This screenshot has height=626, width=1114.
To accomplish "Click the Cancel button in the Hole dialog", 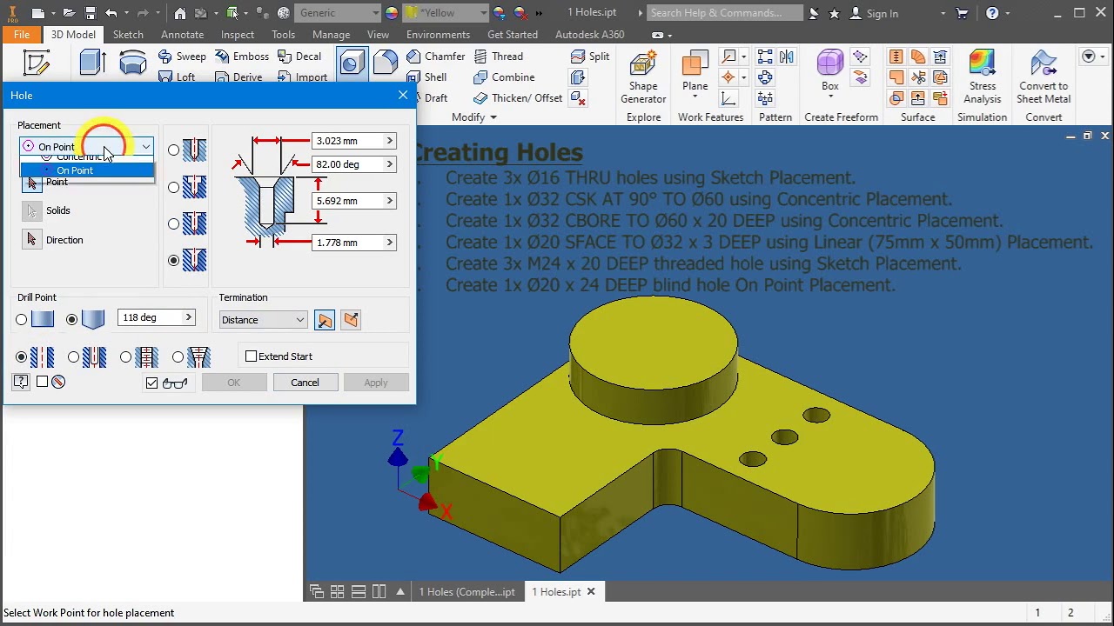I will pyautogui.click(x=305, y=383).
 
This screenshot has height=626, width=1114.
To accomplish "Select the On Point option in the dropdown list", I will pyautogui.click(x=75, y=170).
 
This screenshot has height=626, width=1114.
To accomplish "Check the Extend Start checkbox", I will pyautogui.click(x=252, y=356).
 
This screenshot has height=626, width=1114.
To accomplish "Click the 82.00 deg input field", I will pyautogui.click(x=347, y=164).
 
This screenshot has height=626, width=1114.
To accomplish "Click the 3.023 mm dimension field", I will pyautogui.click(x=347, y=141).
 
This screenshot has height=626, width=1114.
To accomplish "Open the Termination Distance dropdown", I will pyautogui.click(x=263, y=320).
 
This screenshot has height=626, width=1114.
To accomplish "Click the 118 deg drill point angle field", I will pyautogui.click(x=150, y=318).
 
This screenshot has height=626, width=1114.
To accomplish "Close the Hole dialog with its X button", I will pyautogui.click(x=403, y=95).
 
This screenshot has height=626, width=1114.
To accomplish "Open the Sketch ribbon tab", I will pyautogui.click(x=128, y=35).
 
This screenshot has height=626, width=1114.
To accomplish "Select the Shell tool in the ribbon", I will pyautogui.click(x=426, y=77).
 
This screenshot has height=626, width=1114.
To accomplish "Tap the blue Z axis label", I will pyautogui.click(x=398, y=438).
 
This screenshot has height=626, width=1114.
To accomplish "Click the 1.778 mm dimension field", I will pyautogui.click(x=347, y=243).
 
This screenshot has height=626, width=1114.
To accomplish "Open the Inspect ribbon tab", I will pyautogui.click(x=238, y=35).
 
